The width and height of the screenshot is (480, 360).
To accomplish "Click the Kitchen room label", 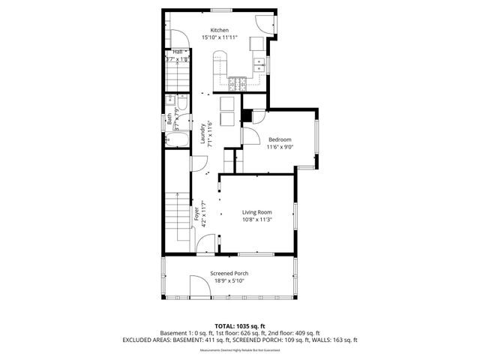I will (219, 30).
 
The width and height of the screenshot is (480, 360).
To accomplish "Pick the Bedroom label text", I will (280, 139).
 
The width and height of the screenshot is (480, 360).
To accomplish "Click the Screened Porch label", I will (229, 274).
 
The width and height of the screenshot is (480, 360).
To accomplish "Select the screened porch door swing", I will (199, 286).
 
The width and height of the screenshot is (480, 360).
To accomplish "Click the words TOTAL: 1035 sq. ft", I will (240, 326).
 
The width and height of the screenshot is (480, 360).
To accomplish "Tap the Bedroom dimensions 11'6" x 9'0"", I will (280, 147).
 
